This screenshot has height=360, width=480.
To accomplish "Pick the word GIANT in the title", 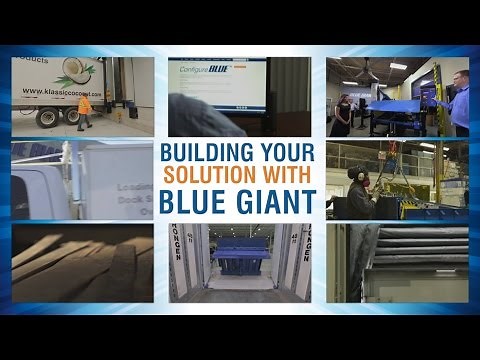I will [277, 203].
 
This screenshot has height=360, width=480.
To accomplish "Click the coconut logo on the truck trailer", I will [79, 71].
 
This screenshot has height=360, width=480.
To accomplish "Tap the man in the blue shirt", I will [459, 101].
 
